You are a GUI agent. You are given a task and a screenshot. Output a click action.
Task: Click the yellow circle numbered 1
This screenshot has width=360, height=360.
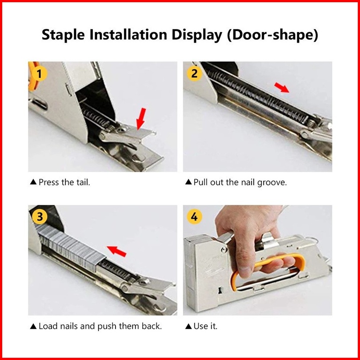coord(39,74)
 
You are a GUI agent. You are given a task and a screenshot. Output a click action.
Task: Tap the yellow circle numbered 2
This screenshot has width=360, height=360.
coord(195,74)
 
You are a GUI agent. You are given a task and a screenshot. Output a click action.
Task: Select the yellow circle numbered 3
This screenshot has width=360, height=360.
coord(40,217)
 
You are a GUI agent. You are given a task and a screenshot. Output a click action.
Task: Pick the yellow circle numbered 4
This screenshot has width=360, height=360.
coord(195,217)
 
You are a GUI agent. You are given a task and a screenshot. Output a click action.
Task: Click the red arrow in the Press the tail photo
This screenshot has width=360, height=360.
coord(141,119)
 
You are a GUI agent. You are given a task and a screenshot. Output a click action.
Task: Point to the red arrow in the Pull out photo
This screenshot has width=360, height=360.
coord(282,88)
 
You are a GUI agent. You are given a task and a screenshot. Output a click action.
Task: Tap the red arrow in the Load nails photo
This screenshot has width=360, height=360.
coord(116,251)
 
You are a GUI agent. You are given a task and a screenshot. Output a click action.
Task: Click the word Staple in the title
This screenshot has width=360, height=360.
coord(63,35)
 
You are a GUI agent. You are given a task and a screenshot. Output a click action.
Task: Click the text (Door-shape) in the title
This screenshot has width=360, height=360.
coord(272,35)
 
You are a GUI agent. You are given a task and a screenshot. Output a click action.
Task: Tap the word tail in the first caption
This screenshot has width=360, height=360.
coord(82,182)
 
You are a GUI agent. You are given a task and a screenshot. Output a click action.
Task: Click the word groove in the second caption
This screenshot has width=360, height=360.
coord(272,183)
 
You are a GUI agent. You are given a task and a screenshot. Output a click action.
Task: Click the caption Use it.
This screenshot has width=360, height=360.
coord(205,326)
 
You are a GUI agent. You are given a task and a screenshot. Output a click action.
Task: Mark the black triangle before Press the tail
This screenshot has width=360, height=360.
coord(33,182)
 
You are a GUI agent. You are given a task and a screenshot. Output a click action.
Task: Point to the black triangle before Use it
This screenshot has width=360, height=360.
coord(188,326)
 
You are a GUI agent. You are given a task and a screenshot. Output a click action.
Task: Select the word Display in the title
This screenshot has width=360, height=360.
coord(197,35)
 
